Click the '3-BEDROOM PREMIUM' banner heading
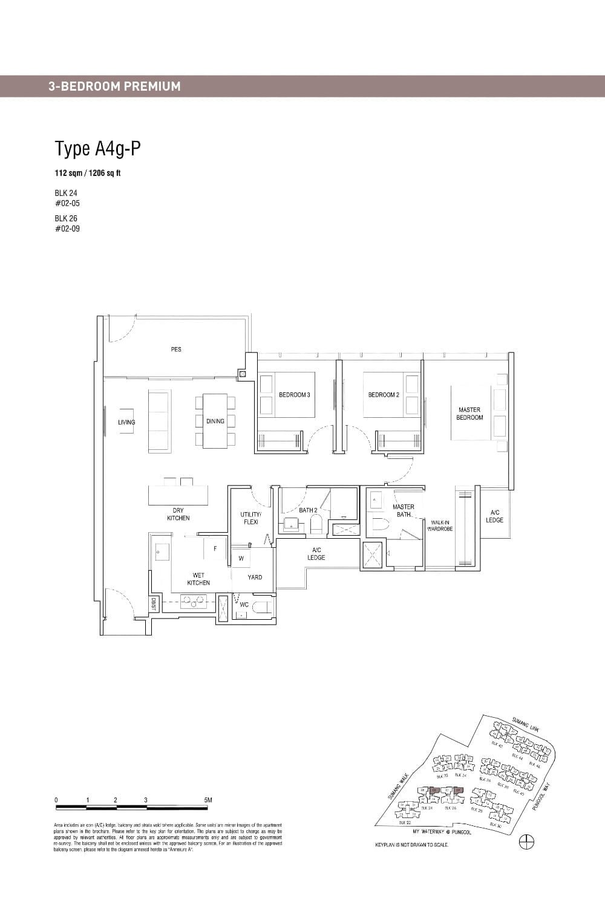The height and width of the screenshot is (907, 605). [x=114, y=86]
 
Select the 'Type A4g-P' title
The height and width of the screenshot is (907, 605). [x=97, y=148]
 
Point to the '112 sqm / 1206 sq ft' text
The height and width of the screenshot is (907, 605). [x=88, y=173]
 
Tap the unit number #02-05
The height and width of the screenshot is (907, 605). [x=67, y=203]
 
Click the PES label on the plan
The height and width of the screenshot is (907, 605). [x=176, y=349]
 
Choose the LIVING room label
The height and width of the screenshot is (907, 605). [x=126, y=422]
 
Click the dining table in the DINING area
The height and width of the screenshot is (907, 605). [x=215, y=421]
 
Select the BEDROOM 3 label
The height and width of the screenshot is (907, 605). [x=294, y=395]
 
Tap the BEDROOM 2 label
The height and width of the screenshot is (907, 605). [x=384, y=395]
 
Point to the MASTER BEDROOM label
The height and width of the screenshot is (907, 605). [x=469, y=414]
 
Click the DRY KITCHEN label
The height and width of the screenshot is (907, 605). [x=178, y=514]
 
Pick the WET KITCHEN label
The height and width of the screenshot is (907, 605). [x=198, y=579]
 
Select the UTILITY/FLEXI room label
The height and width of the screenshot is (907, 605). [x=250, y=518]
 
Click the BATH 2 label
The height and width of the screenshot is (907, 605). [x=308, y=510]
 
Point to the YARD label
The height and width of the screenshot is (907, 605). [x=255, y=577]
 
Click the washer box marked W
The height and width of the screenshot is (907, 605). [x=241, y=558]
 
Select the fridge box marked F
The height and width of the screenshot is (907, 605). [x=215, y=549]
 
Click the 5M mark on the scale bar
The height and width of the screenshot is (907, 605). [x=208, y=800]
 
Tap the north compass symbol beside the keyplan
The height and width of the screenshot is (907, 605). [x=527, y=841]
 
